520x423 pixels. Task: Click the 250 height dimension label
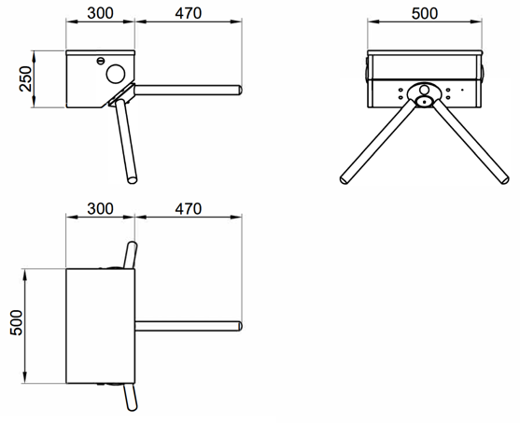[25, 79]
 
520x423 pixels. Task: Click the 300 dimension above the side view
[100, 13]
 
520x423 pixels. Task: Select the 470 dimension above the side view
[189, 13]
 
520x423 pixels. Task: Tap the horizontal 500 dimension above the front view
[425, 13]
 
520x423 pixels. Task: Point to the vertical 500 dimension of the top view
[16, 322]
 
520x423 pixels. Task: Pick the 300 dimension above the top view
[100, 208]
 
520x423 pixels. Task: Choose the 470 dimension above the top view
[189, 208]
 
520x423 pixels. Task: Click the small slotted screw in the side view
[101, 61]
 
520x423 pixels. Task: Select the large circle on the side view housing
[116, 74]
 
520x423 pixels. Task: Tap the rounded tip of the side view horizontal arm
[240, 91]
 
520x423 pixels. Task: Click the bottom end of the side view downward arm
[133, 180]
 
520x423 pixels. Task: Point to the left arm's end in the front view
[344, 180]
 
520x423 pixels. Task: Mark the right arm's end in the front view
[504, 180]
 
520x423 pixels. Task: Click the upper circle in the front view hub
[424, 90]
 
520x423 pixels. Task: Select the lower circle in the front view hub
[424, 101]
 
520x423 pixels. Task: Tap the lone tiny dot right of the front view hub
[462, 90]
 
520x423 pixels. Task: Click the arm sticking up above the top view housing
[131, 255]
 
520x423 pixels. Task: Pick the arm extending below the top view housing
[131, 397]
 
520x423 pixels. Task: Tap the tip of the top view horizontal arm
[240, 326]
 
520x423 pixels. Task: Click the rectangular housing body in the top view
[101, 326]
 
